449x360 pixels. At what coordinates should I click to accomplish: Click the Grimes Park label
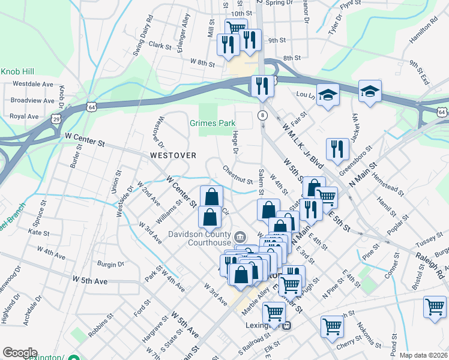212,123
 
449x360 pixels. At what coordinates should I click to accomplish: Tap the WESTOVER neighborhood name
173,155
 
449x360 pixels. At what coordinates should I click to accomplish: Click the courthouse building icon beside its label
241,235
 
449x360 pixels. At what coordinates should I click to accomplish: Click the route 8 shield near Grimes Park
262,115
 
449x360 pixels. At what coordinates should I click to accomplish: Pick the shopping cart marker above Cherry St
331,326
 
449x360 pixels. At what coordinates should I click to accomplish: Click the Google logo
20,353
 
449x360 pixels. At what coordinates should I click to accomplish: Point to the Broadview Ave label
32,100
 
